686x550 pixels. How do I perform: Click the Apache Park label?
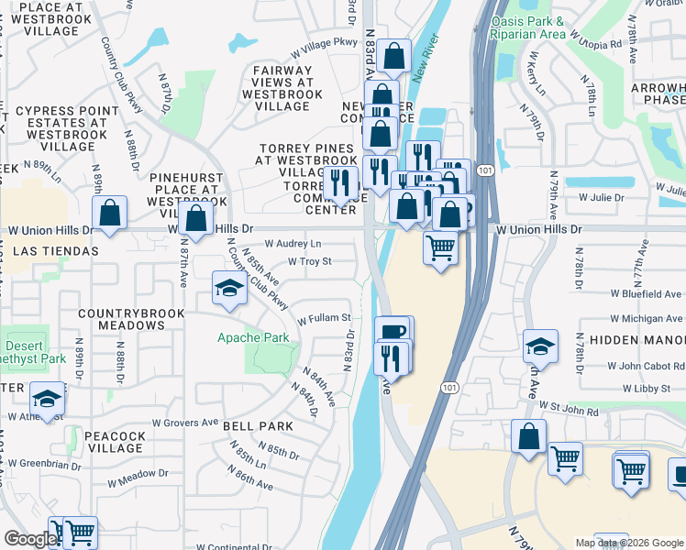[253, 337]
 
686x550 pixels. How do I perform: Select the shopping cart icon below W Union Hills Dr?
[441, 247]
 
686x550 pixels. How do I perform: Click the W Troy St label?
[309, 261]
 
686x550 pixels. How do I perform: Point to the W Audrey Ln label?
[293, 244]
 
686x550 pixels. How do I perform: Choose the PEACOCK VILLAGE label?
[116, 442]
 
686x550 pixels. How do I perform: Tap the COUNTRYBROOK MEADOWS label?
[120, 319]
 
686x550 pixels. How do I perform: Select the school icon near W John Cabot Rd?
[541, 346]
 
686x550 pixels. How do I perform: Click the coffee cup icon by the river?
[393, 331]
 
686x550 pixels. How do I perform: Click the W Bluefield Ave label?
[646, 294]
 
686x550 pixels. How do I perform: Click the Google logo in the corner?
[30, 539]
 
